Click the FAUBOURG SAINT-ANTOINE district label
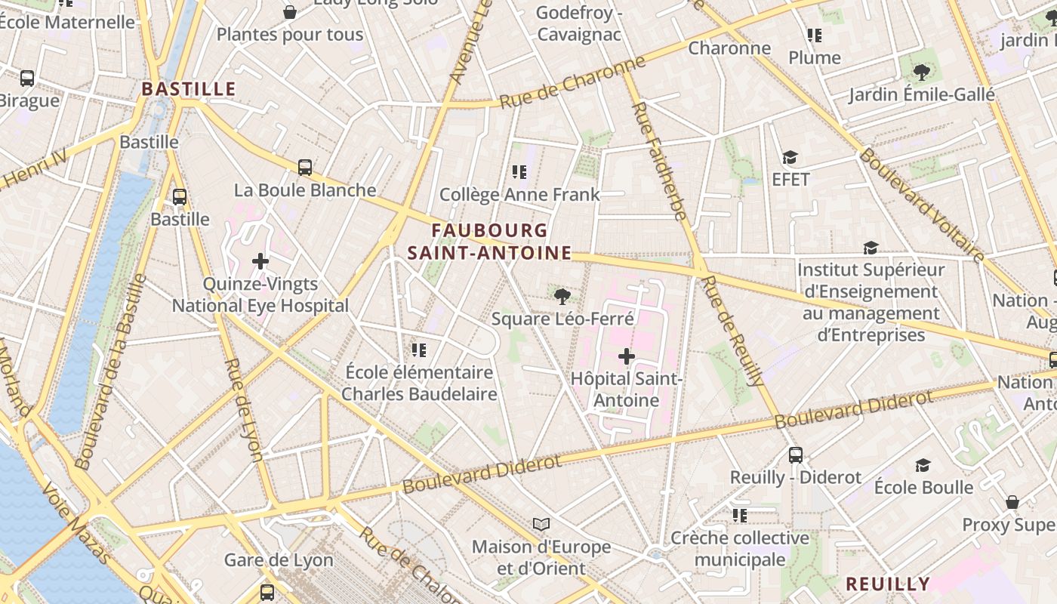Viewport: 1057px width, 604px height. [x=490, y=242]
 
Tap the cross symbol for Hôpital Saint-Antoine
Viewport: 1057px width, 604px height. [x=627, y=356]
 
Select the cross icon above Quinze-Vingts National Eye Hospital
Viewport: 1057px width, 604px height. [x=260, y=262]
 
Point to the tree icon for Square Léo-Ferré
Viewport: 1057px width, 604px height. [x=562, y=296]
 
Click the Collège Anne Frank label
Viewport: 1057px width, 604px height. [x=519, y=194]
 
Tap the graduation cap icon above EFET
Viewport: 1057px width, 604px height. [x=790, y=158]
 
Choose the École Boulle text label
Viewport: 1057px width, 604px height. [x=923, y=487]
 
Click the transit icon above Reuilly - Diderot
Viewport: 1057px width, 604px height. [x=796, y=455]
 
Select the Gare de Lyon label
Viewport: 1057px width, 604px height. [x=279, y=560]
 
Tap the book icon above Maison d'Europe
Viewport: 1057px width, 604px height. [x=541, y=524]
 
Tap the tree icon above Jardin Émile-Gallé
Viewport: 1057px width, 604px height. [x=921, y=72]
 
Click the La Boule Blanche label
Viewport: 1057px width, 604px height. [x=305, y=190]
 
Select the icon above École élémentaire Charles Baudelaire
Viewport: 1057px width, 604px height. [x=419, y=350]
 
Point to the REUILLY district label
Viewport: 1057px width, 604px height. [x=887, y=584]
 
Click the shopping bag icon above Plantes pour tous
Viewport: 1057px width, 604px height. [x=289, y=12]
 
